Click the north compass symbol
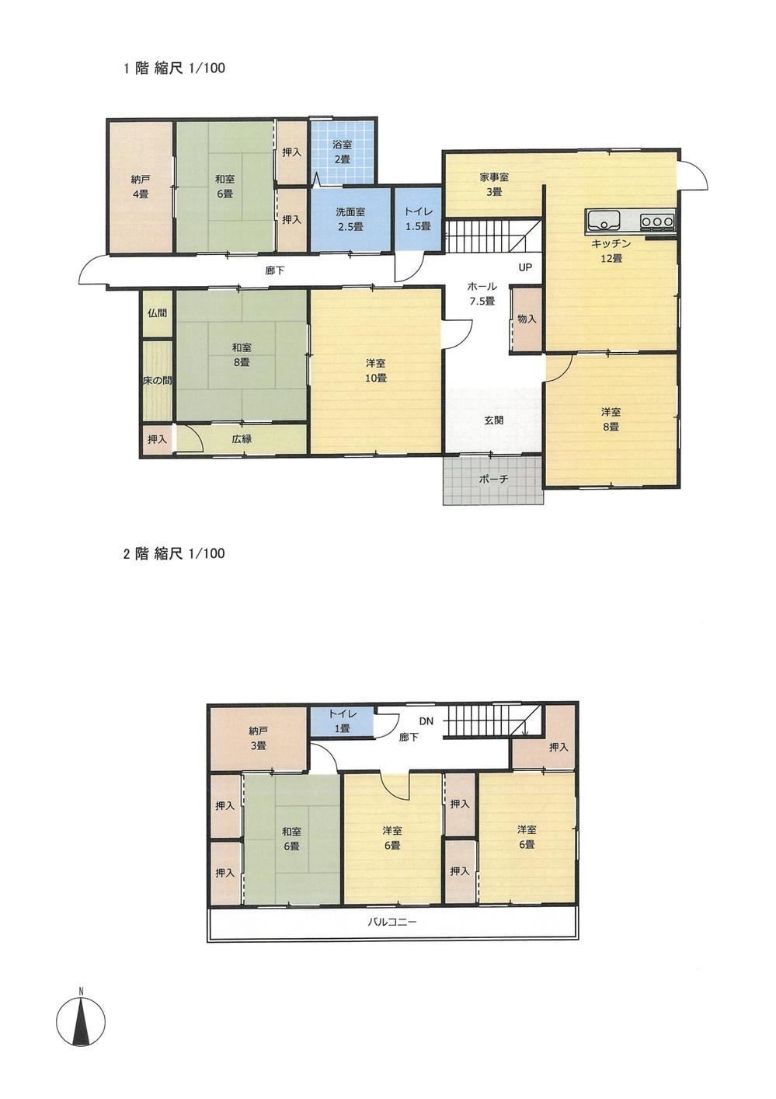(81, 1019)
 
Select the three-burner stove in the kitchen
(657, 222)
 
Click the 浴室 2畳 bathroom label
(342, 152)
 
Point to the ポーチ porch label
(493, 479)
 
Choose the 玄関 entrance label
(493, 420)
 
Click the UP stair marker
(525, 268)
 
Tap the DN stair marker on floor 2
(426, 721)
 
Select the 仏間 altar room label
(156, 312)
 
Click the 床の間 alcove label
(156, 381)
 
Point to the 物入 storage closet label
(526, 319)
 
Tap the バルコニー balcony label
(392, 923)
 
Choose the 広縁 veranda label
(242, 439)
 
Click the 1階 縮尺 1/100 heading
(174, 68)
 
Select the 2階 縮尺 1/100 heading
(174, 554)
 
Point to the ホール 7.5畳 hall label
(482, 293)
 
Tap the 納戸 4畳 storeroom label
(140, 187)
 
